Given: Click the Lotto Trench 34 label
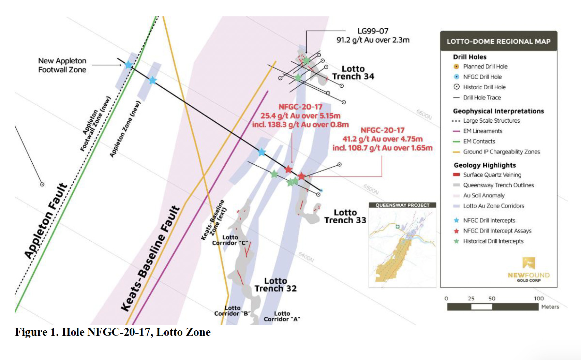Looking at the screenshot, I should pyautogui.click(x=353, y=73).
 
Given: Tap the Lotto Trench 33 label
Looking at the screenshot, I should pyautogui.click(x=345, y=216).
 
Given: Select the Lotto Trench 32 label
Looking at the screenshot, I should pyautogui.click(x=275, y=285).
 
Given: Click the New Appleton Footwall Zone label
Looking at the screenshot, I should pyautogui.click(x=62, y=65).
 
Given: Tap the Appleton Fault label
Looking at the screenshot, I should pyautogui.click(x=46, y=221).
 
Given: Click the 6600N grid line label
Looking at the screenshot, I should pyautogui.click(x=424, y=115).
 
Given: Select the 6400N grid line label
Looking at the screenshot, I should pyautogui.click(x=306, y=257).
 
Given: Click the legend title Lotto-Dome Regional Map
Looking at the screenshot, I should pyautogui.click(x=498, y=42).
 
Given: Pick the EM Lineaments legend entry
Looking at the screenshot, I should pyautogui.click(x=482, y=131).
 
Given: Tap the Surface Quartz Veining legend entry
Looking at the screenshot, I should pyautogui.click(x=492, y=175).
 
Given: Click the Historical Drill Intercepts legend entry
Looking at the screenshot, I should pyautogui.click(x=493, y=241).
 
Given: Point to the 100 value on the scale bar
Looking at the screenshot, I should pyautogui.click(x=539, y=298).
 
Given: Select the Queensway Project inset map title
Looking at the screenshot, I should pyautogui.click(x=402, y=205).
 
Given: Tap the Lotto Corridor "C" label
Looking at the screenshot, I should pyautogui.click(x=230, y=240).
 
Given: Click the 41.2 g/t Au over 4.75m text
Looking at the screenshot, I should pyautogui.click(x=382, y=139).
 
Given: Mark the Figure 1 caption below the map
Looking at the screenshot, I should pyautogui.click(x=113, y=332).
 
